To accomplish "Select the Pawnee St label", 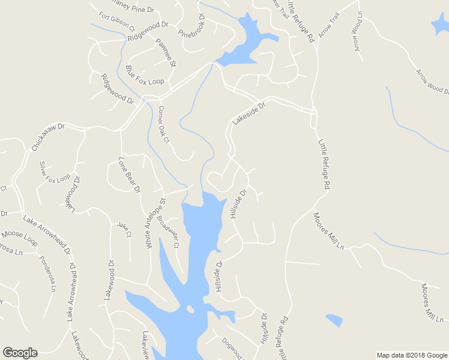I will click(x=165, y=53).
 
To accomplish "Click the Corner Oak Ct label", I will click(x=164, y=124).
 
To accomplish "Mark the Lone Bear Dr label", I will click(x=129, y=175).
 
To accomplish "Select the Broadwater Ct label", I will click(x=168, y=231).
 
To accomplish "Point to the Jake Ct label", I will click(x=124, y=229).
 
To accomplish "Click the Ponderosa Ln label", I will click(x=47, y=273).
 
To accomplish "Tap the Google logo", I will click(x=20, y=353).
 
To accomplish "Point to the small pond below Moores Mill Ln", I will click(x=334, y=320).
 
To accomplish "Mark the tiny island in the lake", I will click(x=190, y=309).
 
